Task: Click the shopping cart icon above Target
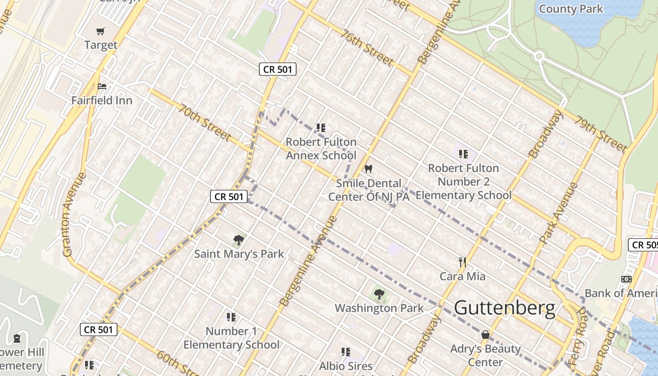(101, 31)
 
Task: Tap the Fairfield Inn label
(102, 101)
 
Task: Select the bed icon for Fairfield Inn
(102, 86)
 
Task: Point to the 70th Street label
(204, 123)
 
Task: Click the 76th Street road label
(367, 48)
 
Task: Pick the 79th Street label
(601, 134)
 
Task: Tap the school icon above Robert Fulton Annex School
(321, 128)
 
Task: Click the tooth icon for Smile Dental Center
(368, 169)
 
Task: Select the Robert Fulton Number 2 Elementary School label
(463, 181)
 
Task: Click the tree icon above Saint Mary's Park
(239, 240)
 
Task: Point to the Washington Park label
(379, 308)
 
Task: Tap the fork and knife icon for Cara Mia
(462, 262)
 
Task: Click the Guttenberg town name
(505, 308)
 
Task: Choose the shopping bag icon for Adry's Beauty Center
(486, 335)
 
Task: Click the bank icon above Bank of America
(627, 279)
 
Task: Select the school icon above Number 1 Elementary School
(231, 317)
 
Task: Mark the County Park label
(571, 8)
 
